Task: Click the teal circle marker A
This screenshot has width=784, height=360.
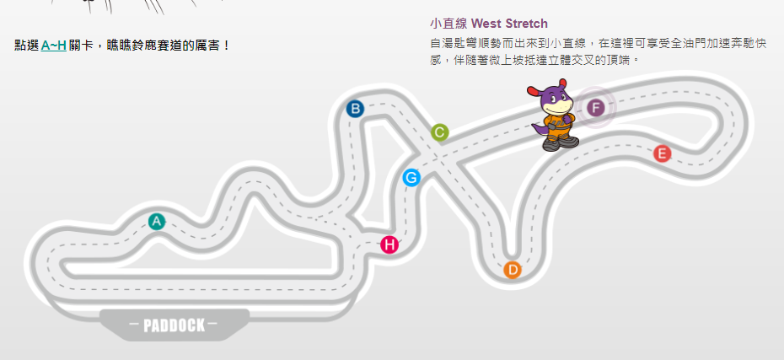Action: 157,222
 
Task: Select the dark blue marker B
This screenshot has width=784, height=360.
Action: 355,109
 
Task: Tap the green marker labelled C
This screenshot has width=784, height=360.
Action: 439,132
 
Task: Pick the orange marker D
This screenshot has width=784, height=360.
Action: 513,270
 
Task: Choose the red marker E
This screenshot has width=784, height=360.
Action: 662,153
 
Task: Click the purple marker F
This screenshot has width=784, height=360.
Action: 595,108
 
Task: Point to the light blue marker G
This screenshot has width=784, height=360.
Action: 411,178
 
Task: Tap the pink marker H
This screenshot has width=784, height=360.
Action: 389,245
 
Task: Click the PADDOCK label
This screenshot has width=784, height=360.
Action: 174,325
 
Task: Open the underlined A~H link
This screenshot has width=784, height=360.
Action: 53,46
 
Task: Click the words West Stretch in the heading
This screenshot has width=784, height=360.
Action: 509,24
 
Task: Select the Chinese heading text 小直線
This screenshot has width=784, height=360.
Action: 448,24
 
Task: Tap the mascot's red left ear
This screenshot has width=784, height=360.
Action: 534,90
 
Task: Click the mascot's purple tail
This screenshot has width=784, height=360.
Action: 539,130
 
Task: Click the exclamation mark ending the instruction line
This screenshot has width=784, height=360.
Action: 227,46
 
